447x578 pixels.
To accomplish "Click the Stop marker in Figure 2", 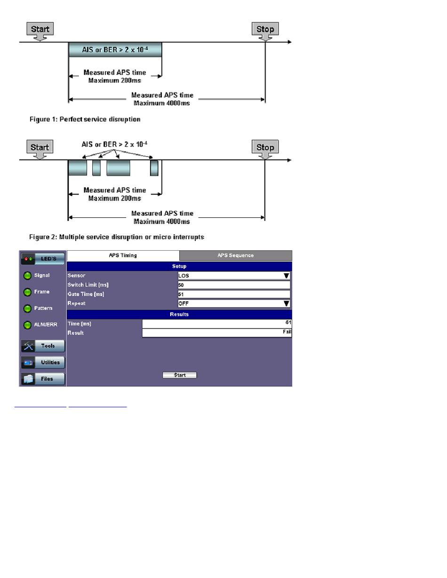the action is [x=265, y=149].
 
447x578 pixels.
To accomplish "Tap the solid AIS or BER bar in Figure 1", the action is [x=115, y=50].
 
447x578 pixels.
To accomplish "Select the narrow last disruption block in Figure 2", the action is [x=154, y=168].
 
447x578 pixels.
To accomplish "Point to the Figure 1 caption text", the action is [x=85, y=119].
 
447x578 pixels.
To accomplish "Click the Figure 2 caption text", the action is [x=117, y=237].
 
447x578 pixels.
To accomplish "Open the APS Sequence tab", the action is [x=235, y=255].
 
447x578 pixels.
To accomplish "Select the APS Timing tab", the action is [x=123, y=255].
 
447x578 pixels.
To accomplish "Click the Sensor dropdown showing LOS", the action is [x=234, y=276].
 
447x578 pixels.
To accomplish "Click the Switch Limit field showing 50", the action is [x=234, y=285].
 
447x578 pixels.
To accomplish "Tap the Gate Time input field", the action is [x=234, y=294].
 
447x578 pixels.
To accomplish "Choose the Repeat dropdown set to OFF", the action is [x=234, y=303].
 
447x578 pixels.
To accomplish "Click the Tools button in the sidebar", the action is [x=43, y=346].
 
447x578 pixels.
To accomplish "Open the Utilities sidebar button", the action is [x=43, y=363].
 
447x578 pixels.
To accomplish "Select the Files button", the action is [x=43, y=379].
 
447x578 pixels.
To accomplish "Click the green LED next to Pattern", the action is [x=27, y=309].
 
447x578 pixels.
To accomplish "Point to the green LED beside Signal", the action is [x=27, y=276].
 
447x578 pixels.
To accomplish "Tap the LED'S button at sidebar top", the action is [x=43, y=259].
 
